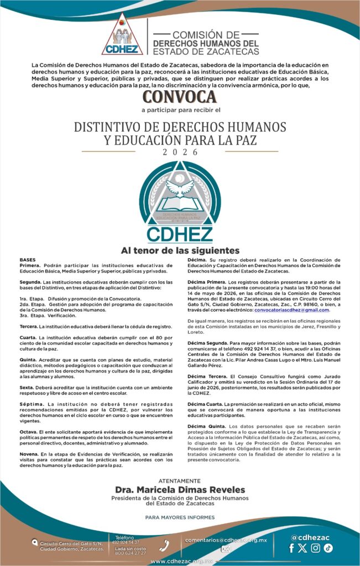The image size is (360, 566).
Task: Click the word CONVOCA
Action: coord(180,97)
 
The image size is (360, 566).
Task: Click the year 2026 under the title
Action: coord(180,152)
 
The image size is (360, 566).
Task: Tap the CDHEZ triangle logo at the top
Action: coord(122,35)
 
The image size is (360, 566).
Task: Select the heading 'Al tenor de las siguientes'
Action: coord(180,250)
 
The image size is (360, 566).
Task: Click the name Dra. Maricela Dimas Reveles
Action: coord(180,490)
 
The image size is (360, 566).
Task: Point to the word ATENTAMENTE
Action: coord(180,481)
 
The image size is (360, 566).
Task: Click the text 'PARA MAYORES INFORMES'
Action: coord(180,517)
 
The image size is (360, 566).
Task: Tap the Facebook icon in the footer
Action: coord(292,548)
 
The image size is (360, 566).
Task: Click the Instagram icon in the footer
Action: coord(316,548)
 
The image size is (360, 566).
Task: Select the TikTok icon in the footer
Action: coord(328,548)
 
